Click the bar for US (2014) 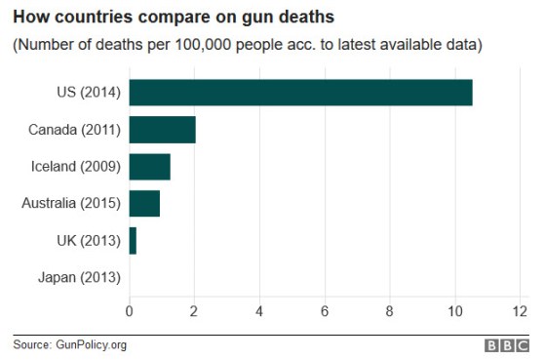click(x=300, y=93)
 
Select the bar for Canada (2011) click(x=162, y=130)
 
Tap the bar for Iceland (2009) click(x=149, y=167)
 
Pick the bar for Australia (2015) click(x=144, y=203)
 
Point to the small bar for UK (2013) click(x=133, y=240)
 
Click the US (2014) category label click(x=88, y=93)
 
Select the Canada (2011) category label click(x=75, y=130)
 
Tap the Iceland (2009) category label click(x=76, y=167)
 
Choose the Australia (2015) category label click(x=71, y=203)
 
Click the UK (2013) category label click(x=88, y=240)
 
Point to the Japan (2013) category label click(x=79, y=277)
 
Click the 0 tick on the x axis click(x=130, y=312)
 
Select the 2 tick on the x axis click(x=194, y=312)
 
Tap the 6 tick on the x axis click(x=325, y=312)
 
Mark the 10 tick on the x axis click(x=454, y=312)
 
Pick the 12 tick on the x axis click(x=519, y=312)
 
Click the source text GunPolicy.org click(x=91, y=344)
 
